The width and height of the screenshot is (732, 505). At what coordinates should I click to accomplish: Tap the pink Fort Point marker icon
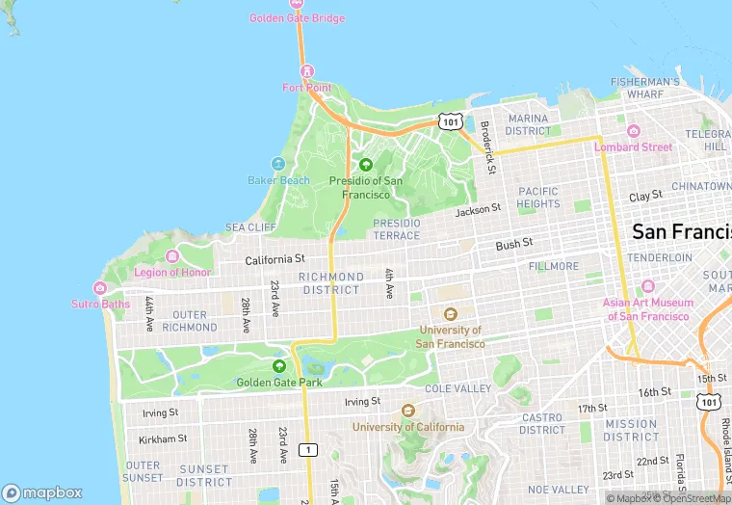click(x=306, y=70)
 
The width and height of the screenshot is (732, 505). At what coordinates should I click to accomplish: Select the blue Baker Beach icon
click(x=278, y=164)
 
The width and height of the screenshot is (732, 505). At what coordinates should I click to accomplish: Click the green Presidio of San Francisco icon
click(x=366, y=164)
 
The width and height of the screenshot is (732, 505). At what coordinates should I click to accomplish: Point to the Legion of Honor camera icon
click(x=172, y=255)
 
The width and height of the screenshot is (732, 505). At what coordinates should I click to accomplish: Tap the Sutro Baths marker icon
click(x=100, y=287)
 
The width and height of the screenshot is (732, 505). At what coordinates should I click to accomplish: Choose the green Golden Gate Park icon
click(x=278, y=365)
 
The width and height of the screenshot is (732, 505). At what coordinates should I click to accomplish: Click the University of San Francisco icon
click(x=450, y=313)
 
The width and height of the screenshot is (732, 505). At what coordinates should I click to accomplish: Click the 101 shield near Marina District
click(x=450, y=121)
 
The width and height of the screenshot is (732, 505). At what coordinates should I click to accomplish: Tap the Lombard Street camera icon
click(x=633, y=131)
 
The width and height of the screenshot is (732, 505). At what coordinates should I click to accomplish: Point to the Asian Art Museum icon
click(x=647, y=286)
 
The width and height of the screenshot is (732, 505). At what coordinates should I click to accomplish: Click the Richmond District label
click(x=330, y=283)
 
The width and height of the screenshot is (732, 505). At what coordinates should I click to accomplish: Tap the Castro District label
click(x=541, y=424)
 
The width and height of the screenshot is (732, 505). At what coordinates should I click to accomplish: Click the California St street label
click(x=274, y=259)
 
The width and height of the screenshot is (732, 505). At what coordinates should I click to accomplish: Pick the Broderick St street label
click(x=488, y=140)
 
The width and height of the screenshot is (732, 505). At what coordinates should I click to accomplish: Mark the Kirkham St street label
click(x=163, y=439)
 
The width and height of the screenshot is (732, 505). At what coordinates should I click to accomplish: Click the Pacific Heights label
click(x=537, y=198)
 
